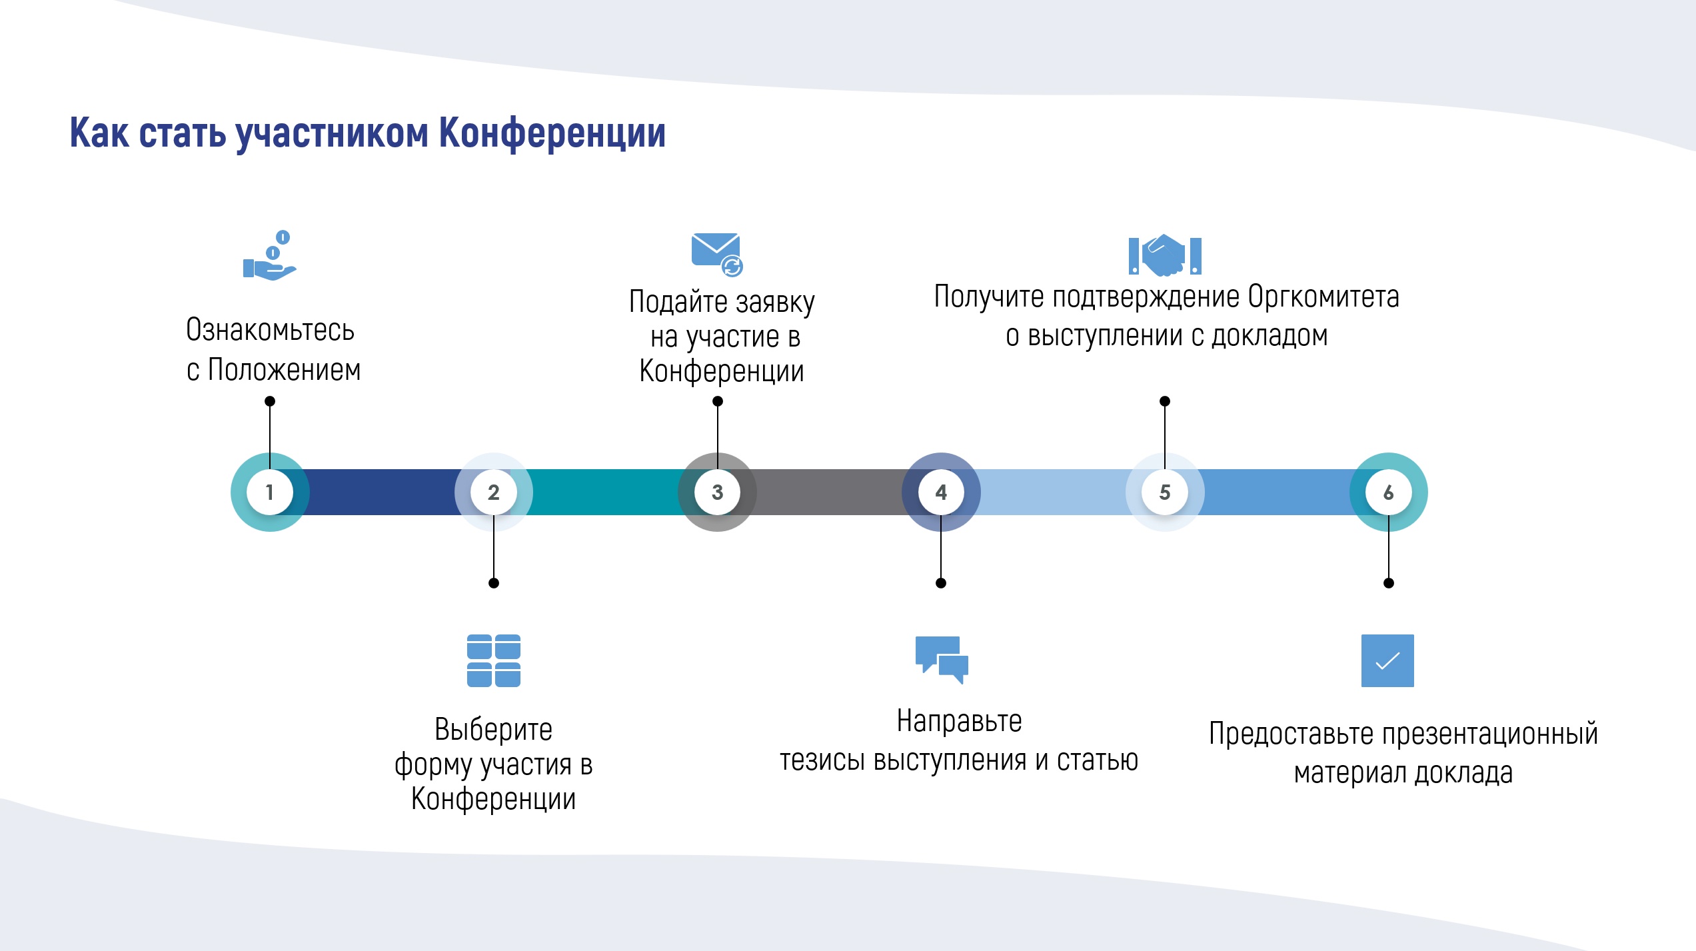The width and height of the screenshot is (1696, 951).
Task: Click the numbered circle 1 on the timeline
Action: click(x=270, y=492)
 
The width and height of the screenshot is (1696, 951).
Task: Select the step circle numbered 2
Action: click(x=494, y=492)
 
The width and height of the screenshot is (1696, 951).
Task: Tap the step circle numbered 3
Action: click(x=718, y=492)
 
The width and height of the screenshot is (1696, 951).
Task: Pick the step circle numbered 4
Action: click(x=941, y=492)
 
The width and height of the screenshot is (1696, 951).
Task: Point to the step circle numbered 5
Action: click(x=1165, y=492)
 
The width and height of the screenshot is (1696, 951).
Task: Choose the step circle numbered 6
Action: click(x=1389, y=492)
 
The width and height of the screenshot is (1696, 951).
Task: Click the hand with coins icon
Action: click(x=269, y=257)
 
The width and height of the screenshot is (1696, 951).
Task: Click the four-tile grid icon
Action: click(x=494, y=660)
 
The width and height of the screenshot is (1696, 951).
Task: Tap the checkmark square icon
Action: click(x=1387, y=660)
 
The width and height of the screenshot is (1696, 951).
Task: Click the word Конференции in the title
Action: click(x=552, y=133)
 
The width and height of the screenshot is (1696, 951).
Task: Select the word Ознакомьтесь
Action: click(x=270, y=330)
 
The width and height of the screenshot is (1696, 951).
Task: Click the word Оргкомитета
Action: click(x=1323, y=297)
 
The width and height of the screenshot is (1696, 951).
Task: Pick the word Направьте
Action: click(x=959, y=721)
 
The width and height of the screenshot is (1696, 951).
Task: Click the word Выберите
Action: click(x=493, y=730)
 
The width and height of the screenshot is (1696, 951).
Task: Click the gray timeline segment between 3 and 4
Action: click(x=830, y=492)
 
